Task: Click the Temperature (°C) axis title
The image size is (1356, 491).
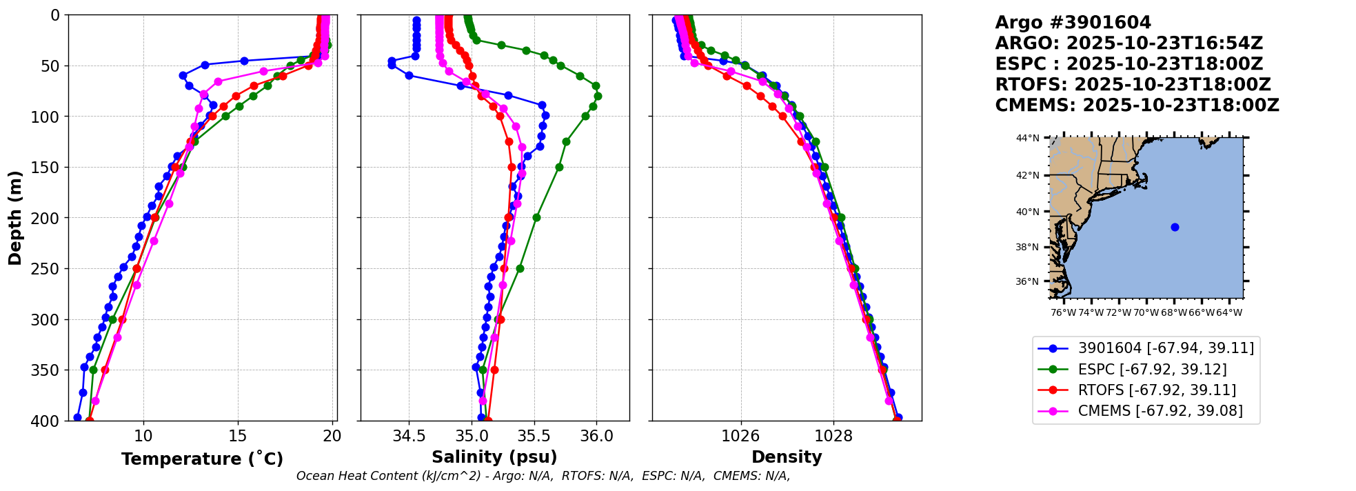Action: [202, 459]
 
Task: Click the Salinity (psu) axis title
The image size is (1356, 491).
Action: [494, 457]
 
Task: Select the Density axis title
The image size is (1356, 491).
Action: [787, 457]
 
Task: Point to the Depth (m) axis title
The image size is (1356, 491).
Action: [15, 218]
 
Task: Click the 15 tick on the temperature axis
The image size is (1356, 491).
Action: [238, 437]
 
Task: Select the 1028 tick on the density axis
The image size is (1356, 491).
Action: [833, 437]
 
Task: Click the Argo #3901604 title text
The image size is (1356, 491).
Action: [1073, 23]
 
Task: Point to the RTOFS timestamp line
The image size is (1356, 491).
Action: [1133, 85]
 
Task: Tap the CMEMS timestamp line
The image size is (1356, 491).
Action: [1137, 106]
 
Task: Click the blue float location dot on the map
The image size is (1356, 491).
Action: [1175, 227]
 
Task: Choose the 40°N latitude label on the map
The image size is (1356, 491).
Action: [1027, 212]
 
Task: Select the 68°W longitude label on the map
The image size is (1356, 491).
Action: [1173, 313]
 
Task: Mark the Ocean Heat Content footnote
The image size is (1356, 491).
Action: [543, 476]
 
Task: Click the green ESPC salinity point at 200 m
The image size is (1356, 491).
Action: [536, 218]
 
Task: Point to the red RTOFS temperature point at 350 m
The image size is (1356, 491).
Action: [105, 370]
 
